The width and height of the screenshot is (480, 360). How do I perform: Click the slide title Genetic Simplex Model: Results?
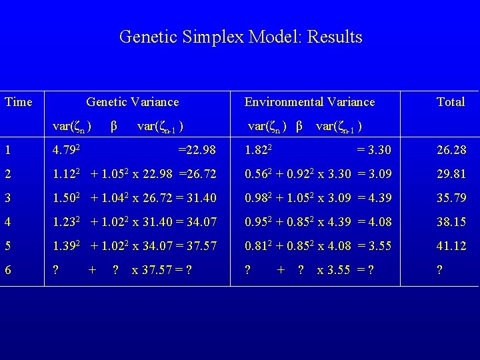241,37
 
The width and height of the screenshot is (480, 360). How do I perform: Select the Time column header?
18,102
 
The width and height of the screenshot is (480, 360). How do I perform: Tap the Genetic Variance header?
133,102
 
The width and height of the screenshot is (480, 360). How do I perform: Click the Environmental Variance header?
309,102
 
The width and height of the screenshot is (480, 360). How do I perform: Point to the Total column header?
451,102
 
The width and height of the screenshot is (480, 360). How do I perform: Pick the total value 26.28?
451,150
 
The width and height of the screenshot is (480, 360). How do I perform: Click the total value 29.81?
451,174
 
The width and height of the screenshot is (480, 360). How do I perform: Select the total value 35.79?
451,198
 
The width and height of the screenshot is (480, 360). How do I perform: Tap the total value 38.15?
451,222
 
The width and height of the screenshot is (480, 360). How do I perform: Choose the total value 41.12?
451,246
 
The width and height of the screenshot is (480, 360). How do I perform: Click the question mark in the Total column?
439,270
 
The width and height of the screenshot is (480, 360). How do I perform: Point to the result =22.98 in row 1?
197,150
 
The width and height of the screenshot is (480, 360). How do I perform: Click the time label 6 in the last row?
7,270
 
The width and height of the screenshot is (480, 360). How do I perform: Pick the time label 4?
7,222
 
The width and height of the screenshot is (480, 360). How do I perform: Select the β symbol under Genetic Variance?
114,126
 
